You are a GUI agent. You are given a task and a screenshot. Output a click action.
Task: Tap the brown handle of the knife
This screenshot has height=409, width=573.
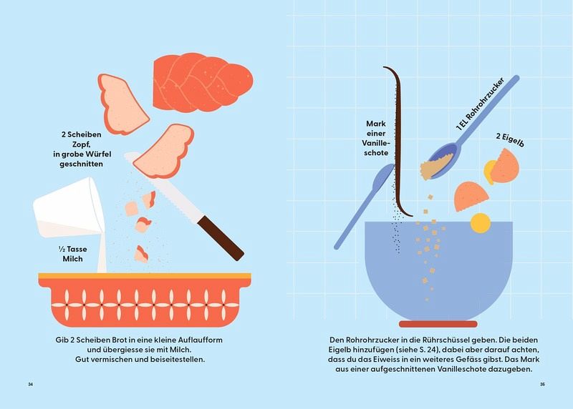(x=221, y=237)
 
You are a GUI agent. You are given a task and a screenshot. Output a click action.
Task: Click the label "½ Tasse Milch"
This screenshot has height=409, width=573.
(x=73, y=254)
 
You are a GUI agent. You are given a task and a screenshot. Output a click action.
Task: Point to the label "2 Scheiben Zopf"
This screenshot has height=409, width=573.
(x=81, y=139)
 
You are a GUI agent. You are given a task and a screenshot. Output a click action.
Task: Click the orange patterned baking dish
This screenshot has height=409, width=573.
(x=145, y=300)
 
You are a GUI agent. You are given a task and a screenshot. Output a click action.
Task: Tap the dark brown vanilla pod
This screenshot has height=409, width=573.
(x=398, y=142)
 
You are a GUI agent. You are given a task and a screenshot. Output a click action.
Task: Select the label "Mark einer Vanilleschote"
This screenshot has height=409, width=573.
(x=375, y=138)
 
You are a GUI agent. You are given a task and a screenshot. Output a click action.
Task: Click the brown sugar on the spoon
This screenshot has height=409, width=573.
(x=436, y=167)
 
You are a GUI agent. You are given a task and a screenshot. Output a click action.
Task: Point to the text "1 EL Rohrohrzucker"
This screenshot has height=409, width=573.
(x=480, y=104)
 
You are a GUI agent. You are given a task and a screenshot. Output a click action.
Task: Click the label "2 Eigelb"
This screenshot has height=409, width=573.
(x=510, y=140)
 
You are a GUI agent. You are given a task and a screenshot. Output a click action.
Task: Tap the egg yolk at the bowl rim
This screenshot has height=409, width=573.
(x=480, y=223)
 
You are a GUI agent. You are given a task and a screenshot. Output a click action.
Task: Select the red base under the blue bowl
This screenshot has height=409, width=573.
(x=438, y=324)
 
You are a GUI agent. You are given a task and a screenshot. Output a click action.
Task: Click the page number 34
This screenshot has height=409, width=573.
(x=31, y=384)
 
